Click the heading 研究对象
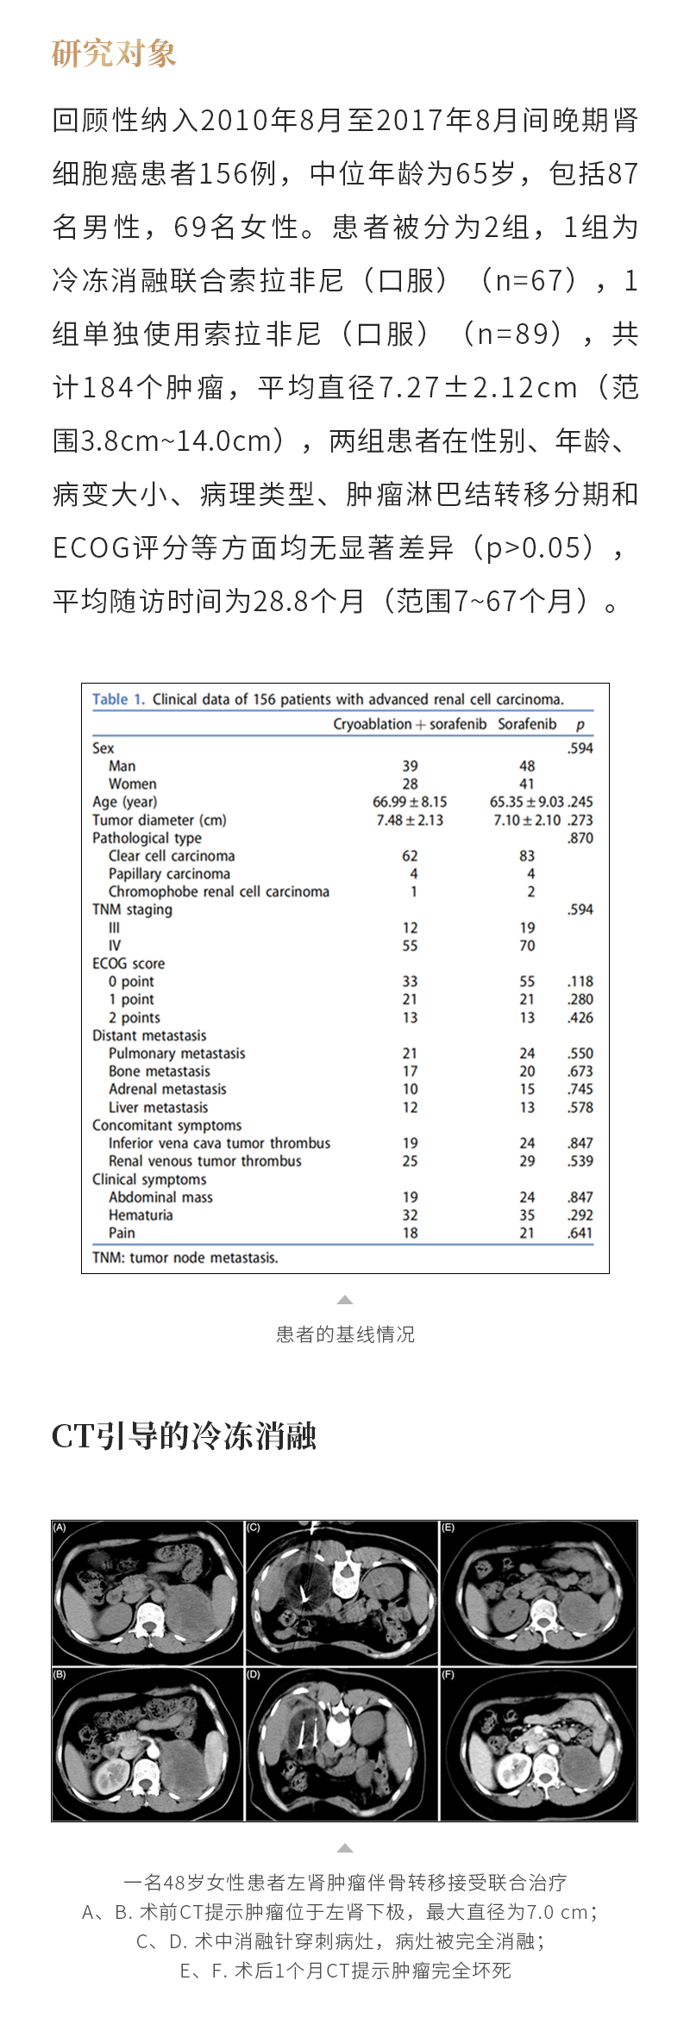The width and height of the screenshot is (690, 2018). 114,53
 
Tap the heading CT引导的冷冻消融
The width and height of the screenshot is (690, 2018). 184,1436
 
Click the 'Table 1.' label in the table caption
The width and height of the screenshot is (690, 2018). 119,699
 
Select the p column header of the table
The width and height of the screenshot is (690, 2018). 580,725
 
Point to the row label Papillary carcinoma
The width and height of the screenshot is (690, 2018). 169,873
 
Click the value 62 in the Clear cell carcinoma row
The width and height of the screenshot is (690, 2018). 410,856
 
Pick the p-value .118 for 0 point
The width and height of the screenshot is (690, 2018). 580,981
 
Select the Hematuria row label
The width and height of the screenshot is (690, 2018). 141,1215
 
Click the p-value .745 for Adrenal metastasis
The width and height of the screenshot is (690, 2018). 580,1089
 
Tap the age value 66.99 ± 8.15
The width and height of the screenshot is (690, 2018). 410,802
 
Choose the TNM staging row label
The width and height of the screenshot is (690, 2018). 132,909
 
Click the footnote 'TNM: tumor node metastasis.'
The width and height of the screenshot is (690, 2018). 185,1258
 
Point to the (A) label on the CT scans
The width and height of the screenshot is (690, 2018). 60,1528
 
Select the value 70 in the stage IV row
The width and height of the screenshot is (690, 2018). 527,946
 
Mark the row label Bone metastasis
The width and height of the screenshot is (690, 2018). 160,1071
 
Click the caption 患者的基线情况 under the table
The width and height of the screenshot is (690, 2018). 345,1334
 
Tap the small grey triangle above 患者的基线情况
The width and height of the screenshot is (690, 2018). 345,1300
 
